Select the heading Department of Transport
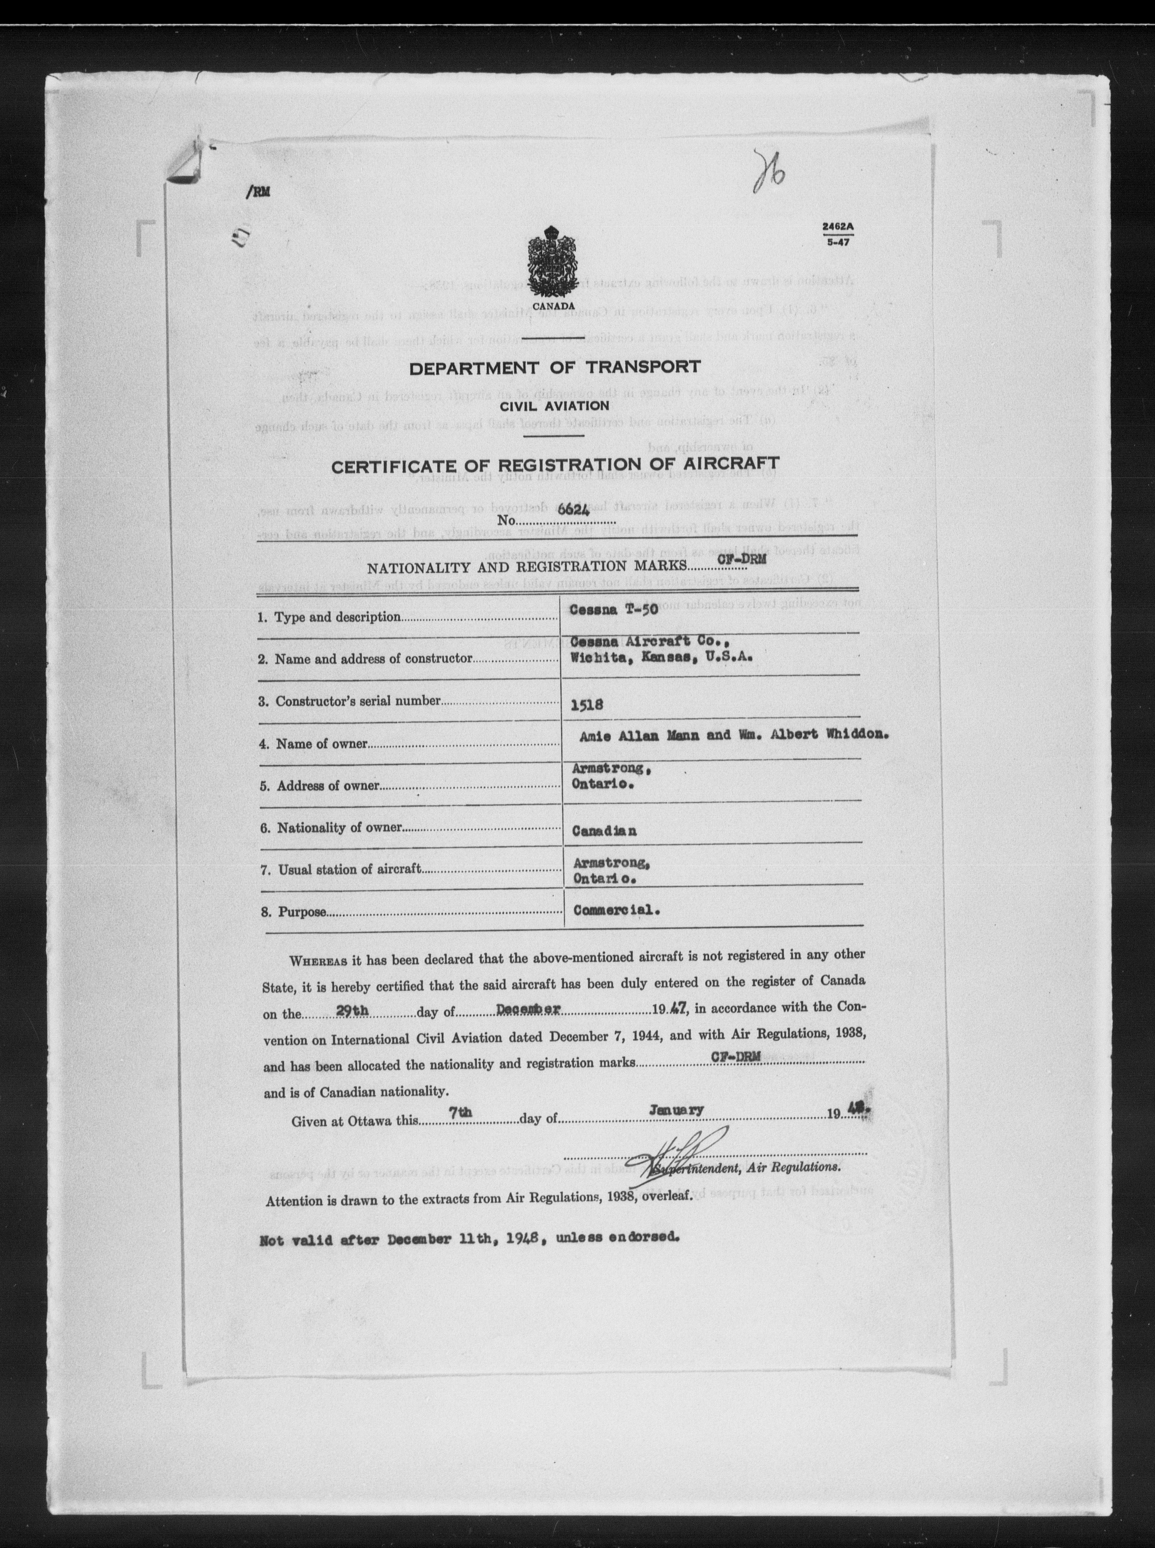click(x=555, y=368)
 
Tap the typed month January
click(x=676, y=1109)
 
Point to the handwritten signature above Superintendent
click(x=673, y=1153)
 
